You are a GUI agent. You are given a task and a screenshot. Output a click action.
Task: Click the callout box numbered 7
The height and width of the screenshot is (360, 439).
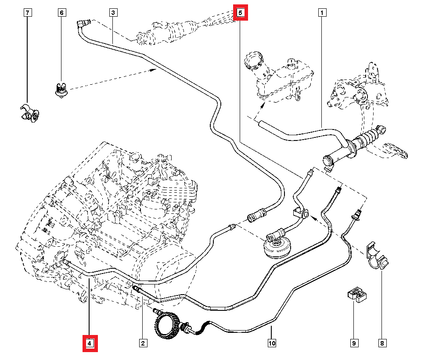27,13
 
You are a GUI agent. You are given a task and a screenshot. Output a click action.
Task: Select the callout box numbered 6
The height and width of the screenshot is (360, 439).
61,13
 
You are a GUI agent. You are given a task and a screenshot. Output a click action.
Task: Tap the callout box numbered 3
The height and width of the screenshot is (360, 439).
113,13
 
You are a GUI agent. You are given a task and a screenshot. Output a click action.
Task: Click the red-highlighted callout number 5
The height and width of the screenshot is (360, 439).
241,13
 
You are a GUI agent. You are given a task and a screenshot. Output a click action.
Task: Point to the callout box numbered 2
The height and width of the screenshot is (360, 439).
143,343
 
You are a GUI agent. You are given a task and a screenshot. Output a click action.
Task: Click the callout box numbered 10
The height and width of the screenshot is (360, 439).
272,343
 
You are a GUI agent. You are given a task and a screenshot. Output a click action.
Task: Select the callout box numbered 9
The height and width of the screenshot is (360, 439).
353,343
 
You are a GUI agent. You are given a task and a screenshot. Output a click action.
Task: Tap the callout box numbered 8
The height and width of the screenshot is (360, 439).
382,343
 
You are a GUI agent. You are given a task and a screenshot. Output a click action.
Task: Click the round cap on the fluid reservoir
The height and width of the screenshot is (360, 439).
253,60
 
